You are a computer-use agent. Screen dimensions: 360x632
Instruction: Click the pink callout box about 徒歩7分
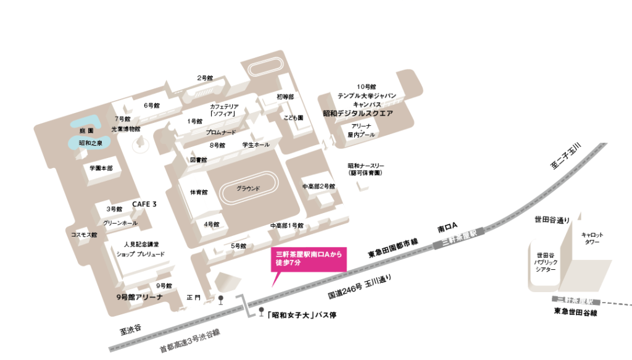pos(309,258)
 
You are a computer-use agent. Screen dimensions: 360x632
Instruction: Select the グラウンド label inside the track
pos(249,188)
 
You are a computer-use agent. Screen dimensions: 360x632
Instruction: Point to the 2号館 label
pos(205,78)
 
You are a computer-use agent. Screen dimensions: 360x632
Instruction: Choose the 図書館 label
pos(199,160)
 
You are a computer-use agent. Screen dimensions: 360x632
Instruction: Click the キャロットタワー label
pos(592,239)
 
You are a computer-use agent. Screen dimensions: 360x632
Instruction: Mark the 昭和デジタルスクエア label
pos(358,114)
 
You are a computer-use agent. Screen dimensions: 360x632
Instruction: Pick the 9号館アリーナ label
pos(139,298)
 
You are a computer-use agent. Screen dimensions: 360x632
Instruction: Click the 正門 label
pos(194,298)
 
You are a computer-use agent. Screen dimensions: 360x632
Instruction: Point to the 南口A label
pos(446,228)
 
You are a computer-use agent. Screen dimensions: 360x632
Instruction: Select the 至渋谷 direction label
pos(131,329)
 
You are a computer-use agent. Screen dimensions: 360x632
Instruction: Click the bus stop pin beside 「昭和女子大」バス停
pos(261,312)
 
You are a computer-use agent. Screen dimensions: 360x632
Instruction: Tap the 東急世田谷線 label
pos(576,312)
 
